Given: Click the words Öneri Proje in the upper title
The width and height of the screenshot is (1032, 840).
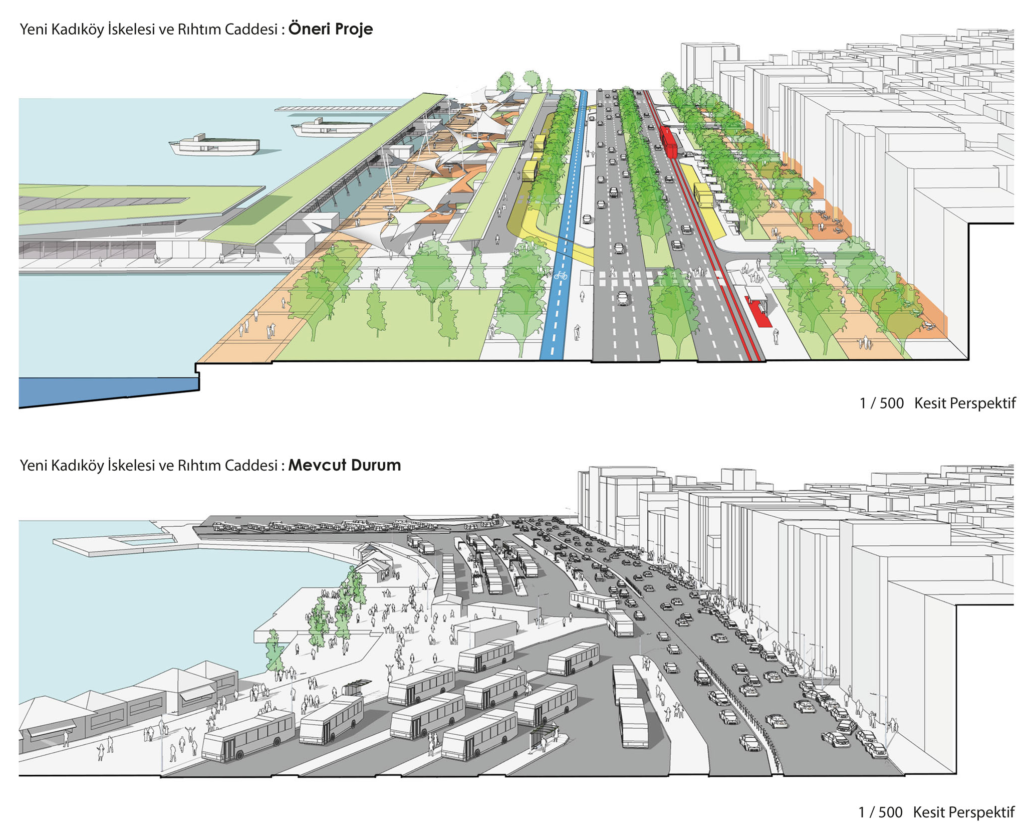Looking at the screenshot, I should click(330, 29).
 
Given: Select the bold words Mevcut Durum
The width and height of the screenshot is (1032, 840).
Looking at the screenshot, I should click(344, 465).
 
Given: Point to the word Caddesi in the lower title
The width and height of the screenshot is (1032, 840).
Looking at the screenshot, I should click(250, 466).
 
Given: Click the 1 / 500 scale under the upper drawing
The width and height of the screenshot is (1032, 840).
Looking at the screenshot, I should click(881, 403).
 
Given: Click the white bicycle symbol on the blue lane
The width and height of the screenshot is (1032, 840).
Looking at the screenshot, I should click(561, 275).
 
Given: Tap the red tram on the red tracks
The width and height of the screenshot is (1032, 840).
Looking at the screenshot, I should click(669, 141).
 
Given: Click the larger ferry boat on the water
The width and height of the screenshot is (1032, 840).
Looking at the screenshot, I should click(214, 145).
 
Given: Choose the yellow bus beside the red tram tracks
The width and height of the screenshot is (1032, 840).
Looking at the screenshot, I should click(703, 194).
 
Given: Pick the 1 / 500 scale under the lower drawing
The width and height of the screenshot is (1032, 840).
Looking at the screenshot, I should click(880, 812).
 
